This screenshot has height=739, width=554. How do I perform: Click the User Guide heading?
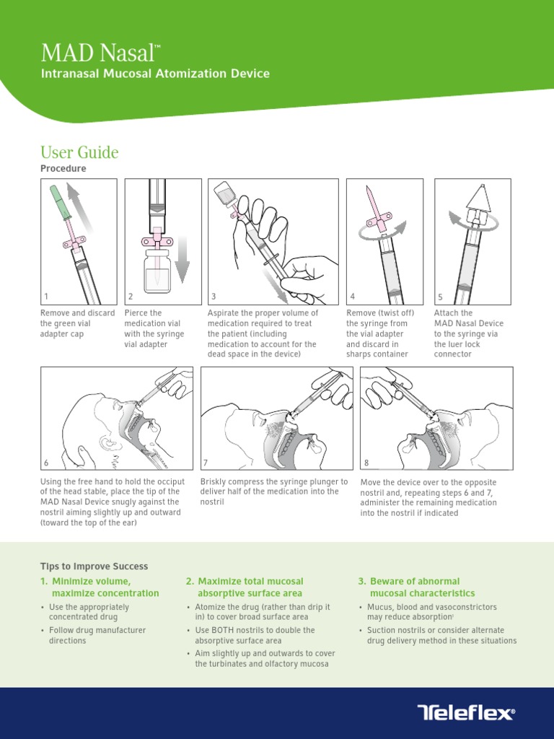[x=79, y=152]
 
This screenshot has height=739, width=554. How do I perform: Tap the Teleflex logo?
[x=466, y=712]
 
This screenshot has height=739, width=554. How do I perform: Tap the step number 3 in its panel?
[x=214, y=297]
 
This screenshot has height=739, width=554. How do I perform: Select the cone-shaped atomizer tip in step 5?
[x=479, y=197]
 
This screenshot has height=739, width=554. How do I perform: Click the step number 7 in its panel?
[x=206, y=463]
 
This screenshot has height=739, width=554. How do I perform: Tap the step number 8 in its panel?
[x=366, y=463]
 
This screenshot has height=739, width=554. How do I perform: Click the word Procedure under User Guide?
[x=63, y=169]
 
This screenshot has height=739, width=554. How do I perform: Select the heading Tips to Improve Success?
[x=94, y=566]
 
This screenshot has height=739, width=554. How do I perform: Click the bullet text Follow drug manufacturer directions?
[x=97, y=635]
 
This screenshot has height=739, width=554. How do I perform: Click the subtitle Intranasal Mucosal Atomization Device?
[x=156, y=74]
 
